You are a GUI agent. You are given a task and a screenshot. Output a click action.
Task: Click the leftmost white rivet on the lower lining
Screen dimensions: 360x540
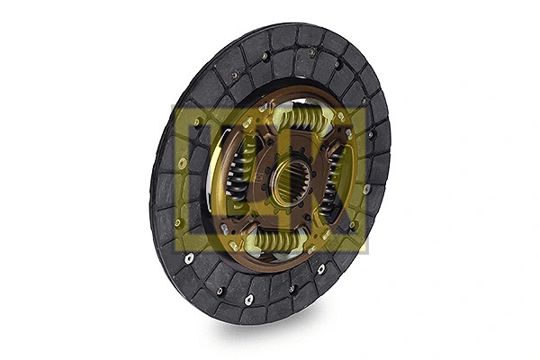(x=190, y=257)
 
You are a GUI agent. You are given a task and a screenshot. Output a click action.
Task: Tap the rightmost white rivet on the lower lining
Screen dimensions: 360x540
(x=321, y=268)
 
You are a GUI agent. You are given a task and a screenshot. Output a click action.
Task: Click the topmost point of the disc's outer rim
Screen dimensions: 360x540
(x=297, y=23)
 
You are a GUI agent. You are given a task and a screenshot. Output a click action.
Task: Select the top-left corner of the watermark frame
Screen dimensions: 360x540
(x=172, y=105)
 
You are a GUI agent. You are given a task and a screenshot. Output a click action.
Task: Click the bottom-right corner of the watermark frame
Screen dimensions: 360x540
(x=368, y=252)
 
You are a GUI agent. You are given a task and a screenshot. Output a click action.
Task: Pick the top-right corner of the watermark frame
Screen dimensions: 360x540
(x=368, y=105)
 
